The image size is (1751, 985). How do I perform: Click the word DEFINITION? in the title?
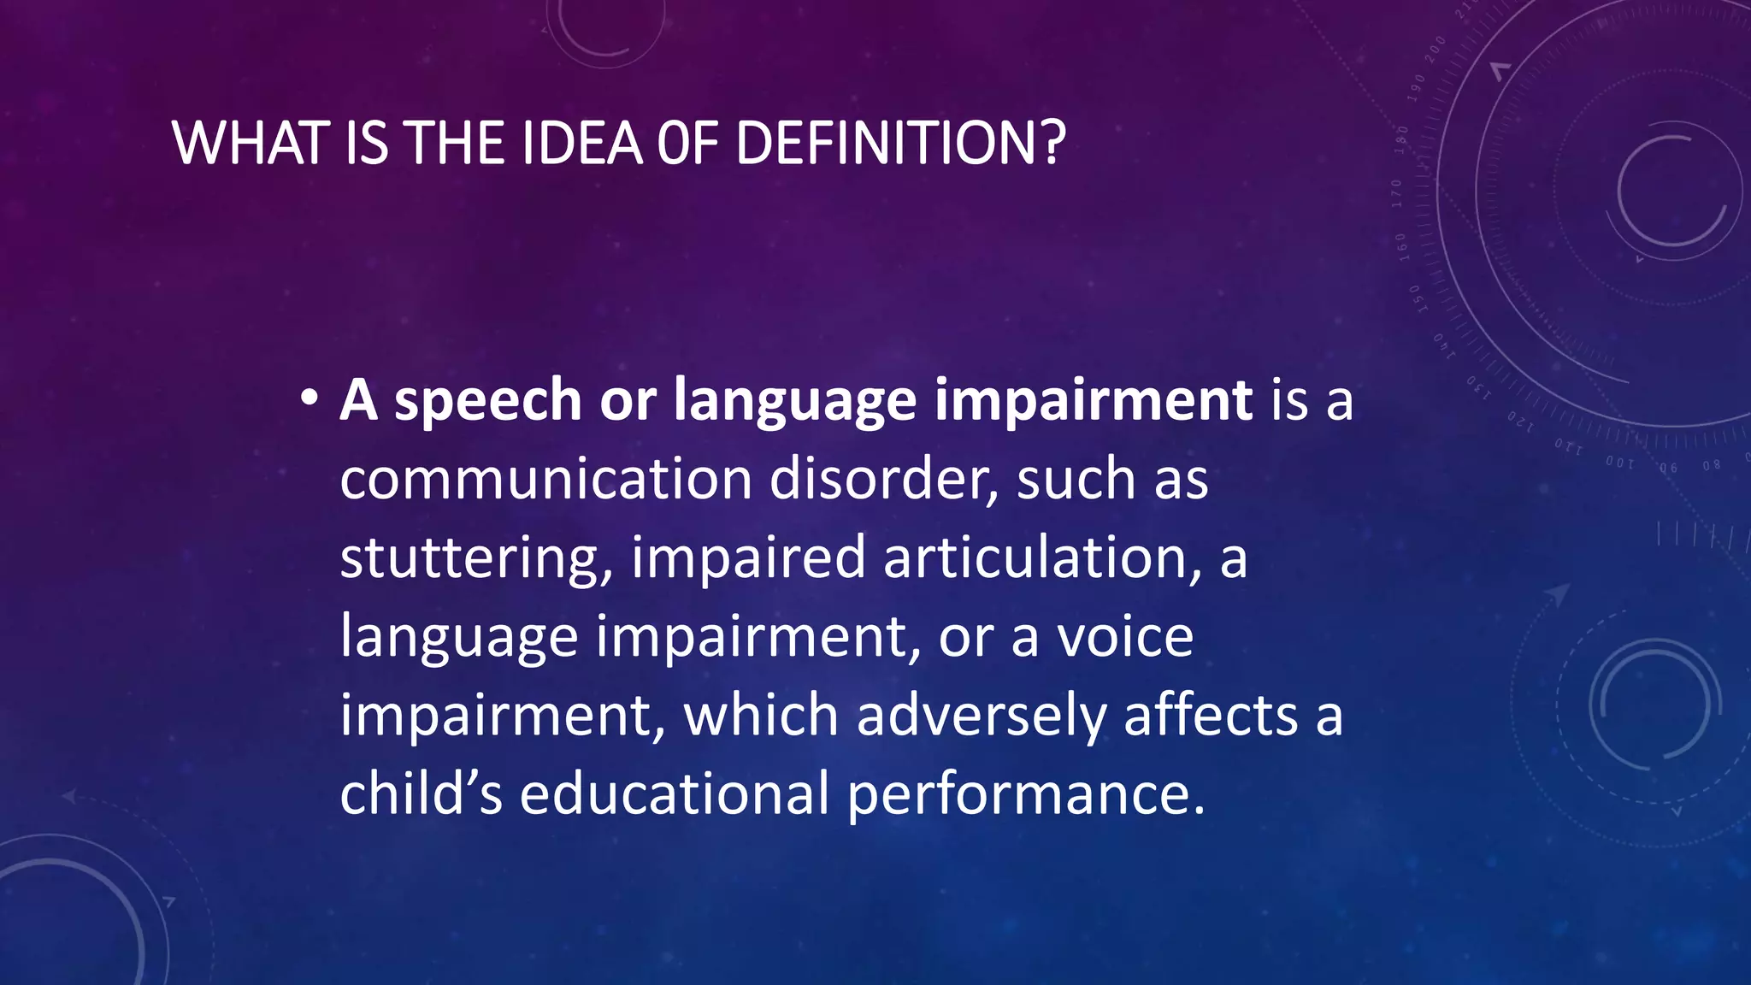coord(899,143)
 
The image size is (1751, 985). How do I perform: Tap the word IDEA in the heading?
coord(581,143)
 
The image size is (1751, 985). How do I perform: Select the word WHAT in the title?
coord(251,143)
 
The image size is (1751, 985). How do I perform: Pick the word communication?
coord(545,478)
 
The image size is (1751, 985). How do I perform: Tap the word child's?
coord(421,793)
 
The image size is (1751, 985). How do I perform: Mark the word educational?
coord(675,793)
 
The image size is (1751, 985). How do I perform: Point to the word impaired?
coord(748,558)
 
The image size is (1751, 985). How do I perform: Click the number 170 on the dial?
coord(1396,193)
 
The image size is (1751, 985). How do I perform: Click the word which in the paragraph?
coord(761,715)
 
